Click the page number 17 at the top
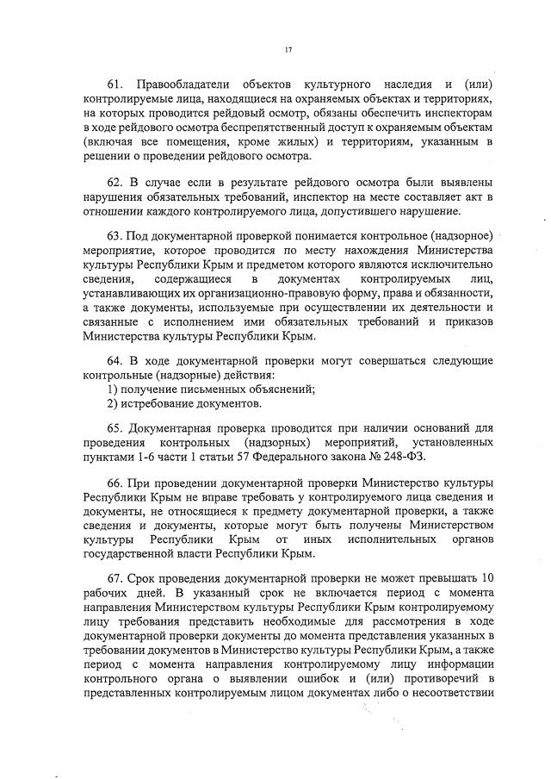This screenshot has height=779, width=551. [288, 50]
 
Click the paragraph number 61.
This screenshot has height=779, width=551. [114, 84]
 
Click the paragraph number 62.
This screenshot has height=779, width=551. [114, 183]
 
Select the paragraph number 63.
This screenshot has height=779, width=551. [115, 238]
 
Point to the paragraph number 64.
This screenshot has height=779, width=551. [114, 363]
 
